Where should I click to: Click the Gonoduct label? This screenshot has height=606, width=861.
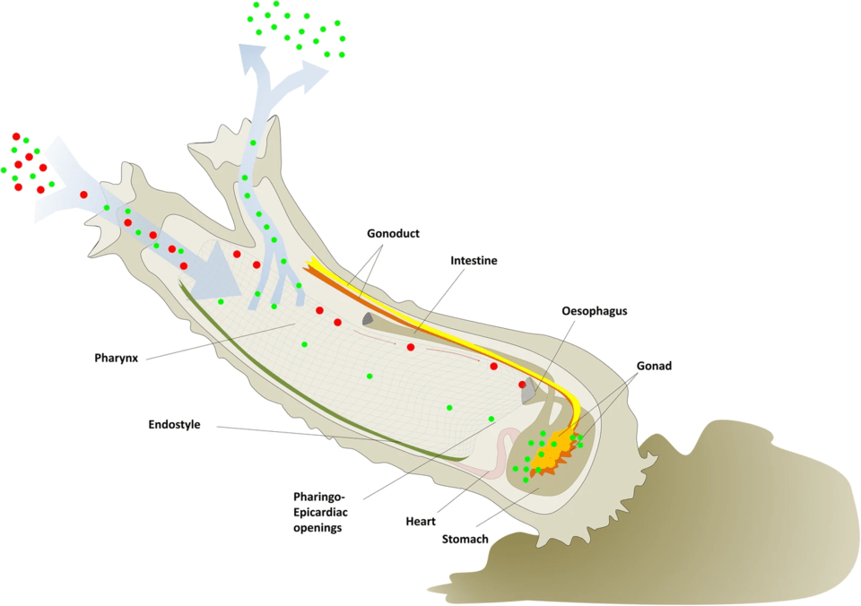click(393, 233)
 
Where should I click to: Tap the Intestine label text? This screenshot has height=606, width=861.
click(474, 260)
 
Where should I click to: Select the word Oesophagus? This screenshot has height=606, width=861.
click(594, 311)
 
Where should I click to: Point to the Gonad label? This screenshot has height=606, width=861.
click(654, 366)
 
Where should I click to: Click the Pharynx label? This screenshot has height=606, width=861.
click(116, 359)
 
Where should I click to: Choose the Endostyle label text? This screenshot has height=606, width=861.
click(174, 424)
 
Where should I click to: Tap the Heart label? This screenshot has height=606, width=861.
click(421, 522)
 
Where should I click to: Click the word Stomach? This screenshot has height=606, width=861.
click(465, 539)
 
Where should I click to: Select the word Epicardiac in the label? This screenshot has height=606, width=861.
click(321, 513)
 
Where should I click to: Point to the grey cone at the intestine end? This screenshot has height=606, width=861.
click(368, 319)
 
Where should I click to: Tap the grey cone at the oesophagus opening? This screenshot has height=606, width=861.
click(528, 390)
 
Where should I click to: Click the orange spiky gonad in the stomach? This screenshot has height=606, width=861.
click(551, 452)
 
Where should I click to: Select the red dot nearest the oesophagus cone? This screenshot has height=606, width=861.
click(522, 385)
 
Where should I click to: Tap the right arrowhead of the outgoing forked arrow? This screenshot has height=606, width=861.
click(314, 73)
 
